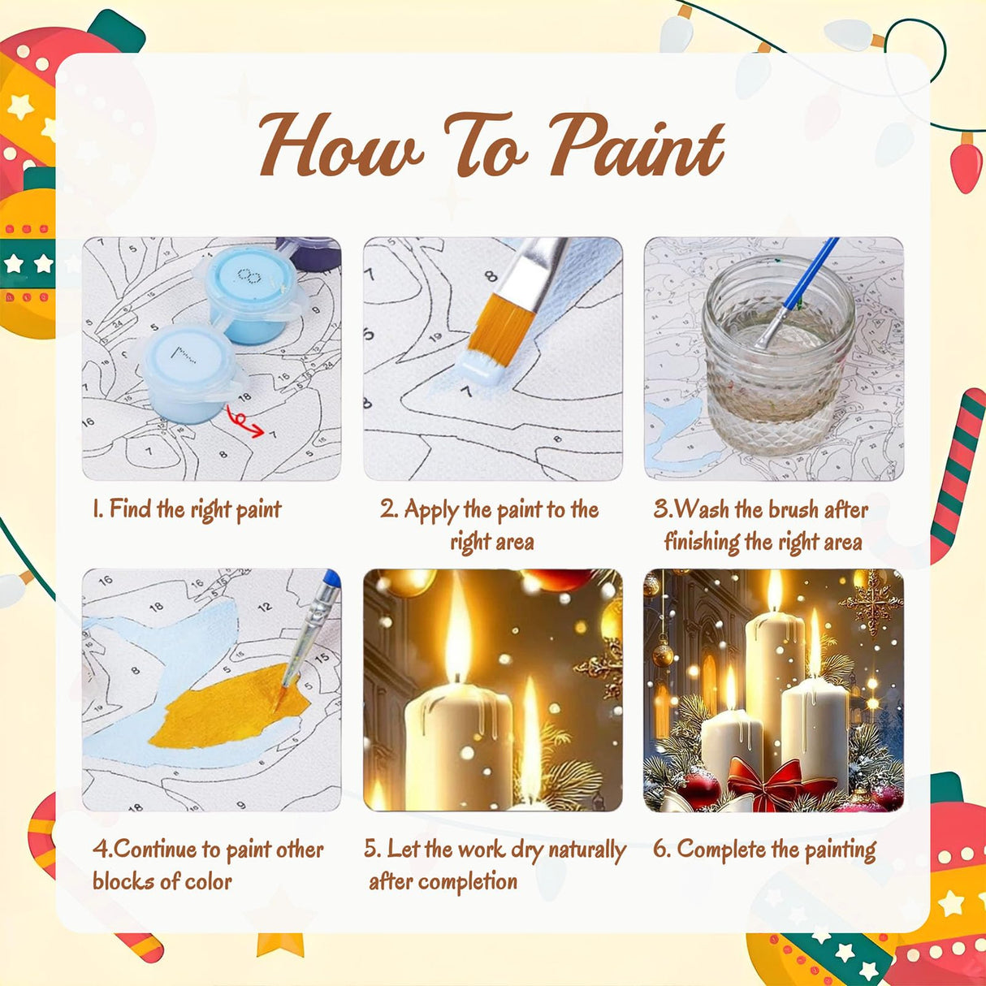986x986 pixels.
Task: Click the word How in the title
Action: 340,147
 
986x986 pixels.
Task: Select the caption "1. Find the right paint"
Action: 187,510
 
